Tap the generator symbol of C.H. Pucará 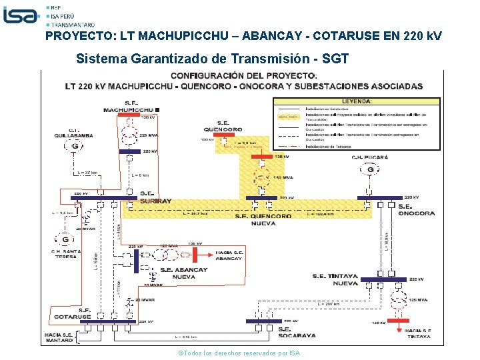(x=370, y=170)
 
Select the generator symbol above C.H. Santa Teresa (x=65, y=239)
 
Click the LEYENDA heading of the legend (x=357, y=101)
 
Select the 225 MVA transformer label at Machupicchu (x=149, y=136)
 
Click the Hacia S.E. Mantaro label (x=59, y=337)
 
